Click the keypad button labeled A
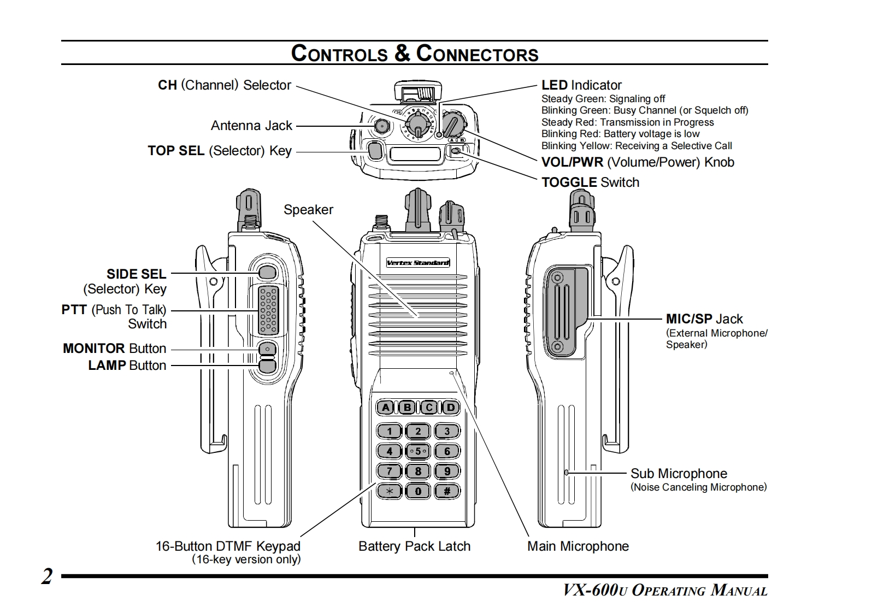386,407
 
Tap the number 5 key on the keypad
418,451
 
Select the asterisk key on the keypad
390,491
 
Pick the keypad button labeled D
451,407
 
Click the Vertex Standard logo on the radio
418,263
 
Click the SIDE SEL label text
136,274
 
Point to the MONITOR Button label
114,349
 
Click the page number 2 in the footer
48,577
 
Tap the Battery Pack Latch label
414,546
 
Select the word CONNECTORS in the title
477,54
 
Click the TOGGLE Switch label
590,182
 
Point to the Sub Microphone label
679,474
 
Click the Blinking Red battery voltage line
620,134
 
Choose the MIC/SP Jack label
704,319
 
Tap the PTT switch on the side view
268,310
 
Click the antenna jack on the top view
381,126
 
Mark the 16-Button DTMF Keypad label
228,546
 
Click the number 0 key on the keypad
418,491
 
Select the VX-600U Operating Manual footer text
665,591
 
